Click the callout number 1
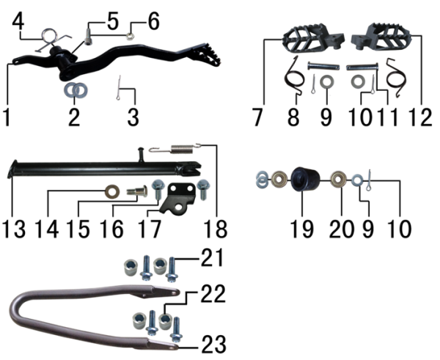click(x=7, y=118)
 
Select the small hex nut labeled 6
click(x=129, y=36)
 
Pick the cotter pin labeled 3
click(x=119, y=87)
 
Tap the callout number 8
click(x=293, y=117)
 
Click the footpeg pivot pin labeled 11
click(x=363, y=67)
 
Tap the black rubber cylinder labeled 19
click(x=305, y=179)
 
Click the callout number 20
click(x=342, y=229)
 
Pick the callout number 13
click(x=13, y=229)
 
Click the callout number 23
click(x=213, y=345)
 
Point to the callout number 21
click(x=213, y=257)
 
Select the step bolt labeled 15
click(x=137, y=191)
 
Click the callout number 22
click(x=213, y=294)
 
